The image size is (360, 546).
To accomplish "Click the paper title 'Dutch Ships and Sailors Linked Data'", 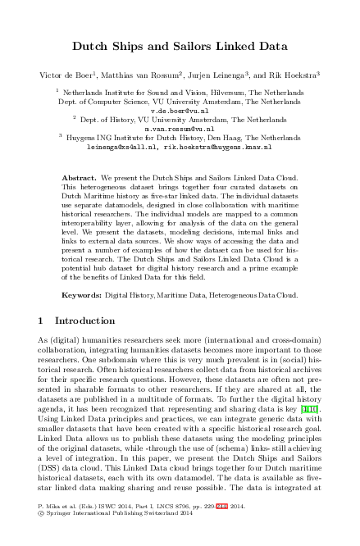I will tap(180, 46).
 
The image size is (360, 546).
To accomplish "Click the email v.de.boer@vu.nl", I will tap(180, 109).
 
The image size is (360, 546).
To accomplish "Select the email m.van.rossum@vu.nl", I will tap(180, 129).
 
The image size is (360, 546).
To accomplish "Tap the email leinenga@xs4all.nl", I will tap(122, 148).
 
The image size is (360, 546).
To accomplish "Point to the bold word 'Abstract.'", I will tap(80, 177).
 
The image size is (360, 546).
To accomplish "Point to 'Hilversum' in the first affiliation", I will tap(220, 93).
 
